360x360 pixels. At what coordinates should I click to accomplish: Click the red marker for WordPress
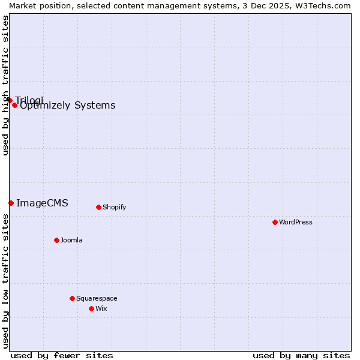pos(275,222)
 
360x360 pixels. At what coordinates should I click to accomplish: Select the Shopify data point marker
pos(98,207)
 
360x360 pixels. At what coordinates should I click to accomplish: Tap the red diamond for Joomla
pos(56,240)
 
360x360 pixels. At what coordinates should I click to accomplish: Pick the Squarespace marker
pos(72,298)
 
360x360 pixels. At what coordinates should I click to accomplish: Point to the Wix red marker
pos(91,308)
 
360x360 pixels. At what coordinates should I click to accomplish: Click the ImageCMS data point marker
pos(11,203)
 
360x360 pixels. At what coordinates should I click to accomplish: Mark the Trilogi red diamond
pos(10,100)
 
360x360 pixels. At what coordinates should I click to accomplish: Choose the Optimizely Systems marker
pos(14,105)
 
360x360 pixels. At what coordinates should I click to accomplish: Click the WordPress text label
pos(296,222)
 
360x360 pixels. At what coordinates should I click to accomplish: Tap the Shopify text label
pos(114,207)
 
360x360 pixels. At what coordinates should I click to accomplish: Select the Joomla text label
pos(71,240)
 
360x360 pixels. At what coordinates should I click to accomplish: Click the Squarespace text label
pos(97,298)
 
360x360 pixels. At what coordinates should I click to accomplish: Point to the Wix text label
pos(101,308)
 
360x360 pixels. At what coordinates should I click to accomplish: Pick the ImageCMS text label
pos(42,203)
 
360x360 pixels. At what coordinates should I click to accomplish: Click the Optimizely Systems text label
pos(68,106)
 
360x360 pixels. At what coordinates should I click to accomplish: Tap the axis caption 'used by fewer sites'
pos(62,355)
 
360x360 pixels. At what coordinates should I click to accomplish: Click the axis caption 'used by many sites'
pos(301,355)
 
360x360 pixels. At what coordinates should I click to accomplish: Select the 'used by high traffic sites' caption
pos(5,85)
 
